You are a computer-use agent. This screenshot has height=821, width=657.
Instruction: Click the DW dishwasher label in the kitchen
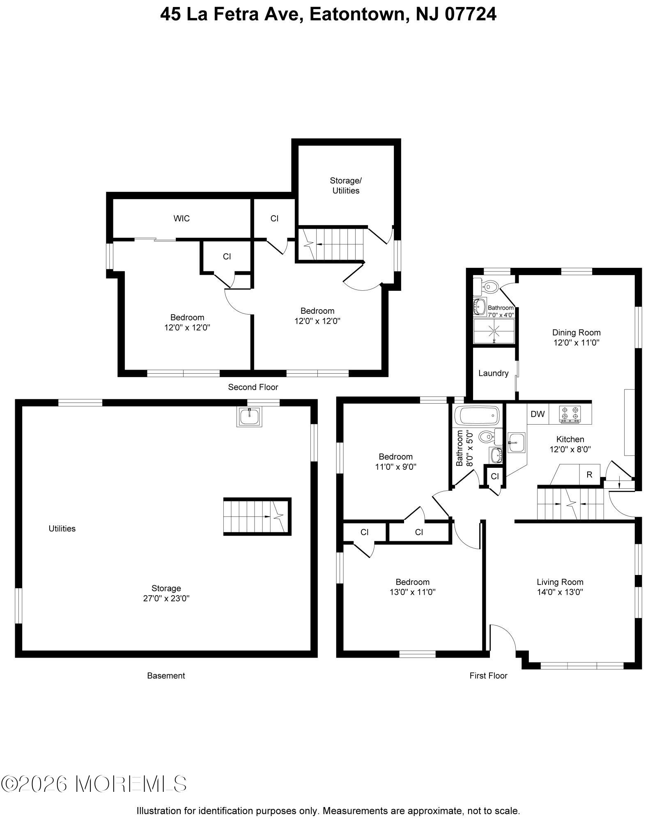(x=537, y=414)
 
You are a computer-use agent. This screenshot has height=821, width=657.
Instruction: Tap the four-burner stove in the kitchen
(x=570, y=414)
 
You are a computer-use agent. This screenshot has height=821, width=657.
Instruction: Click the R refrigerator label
(x=589, y=475)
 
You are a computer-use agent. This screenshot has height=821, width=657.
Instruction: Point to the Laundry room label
(x=493, y=373)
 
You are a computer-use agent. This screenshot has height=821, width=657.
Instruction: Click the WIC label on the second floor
(x=181, y=218)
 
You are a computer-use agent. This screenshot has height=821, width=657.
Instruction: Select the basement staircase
(x=256, y=516)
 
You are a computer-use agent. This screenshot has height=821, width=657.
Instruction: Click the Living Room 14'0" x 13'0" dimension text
(x=560, y=592)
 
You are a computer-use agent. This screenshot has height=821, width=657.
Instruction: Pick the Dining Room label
(x=576, y=333)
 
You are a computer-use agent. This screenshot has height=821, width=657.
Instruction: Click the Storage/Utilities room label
(x=346, y=186)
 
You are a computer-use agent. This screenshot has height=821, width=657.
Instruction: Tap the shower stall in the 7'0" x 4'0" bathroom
(x=494, y=331)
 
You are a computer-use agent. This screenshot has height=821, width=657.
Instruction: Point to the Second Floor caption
(x=253, y=387)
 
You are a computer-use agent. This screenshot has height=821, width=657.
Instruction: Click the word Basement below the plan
(x=166, y=676)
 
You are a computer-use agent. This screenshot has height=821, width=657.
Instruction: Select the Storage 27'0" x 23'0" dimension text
(x=166, y=598)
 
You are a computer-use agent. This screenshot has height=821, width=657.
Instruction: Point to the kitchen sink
(x=516, y=443)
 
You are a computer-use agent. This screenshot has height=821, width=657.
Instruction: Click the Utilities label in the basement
(x=62, y=529)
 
